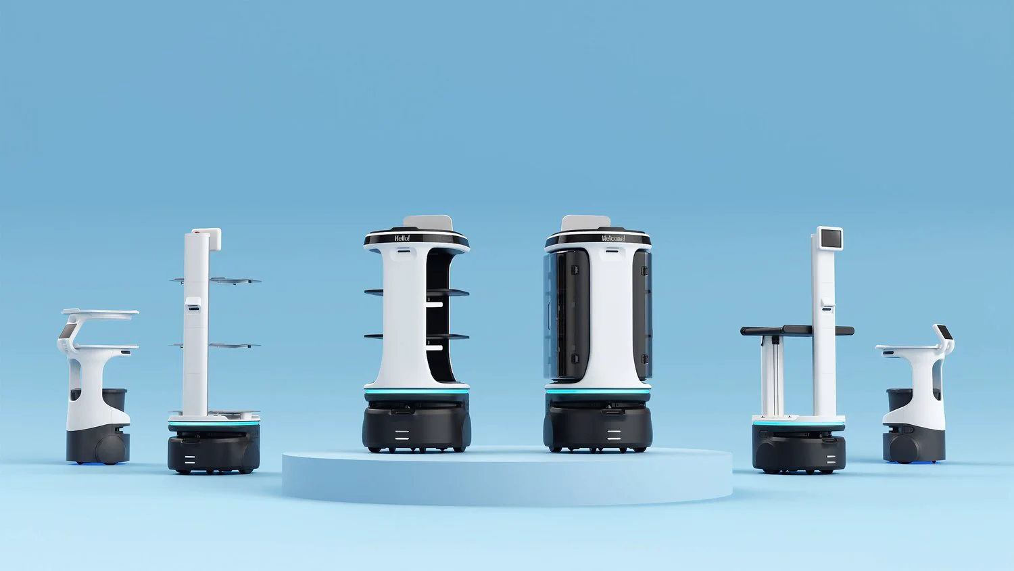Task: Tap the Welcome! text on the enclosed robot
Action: [x=613, y=239]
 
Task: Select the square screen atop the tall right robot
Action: [x=830, y=238]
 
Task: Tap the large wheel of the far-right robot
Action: [x=904, y=448]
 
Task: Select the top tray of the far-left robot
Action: [x=100, y=313]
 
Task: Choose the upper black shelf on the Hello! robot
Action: [x=446, y=292]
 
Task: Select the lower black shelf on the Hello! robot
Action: [x=446, y=336]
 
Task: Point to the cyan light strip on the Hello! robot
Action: [x=416, y=392]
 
